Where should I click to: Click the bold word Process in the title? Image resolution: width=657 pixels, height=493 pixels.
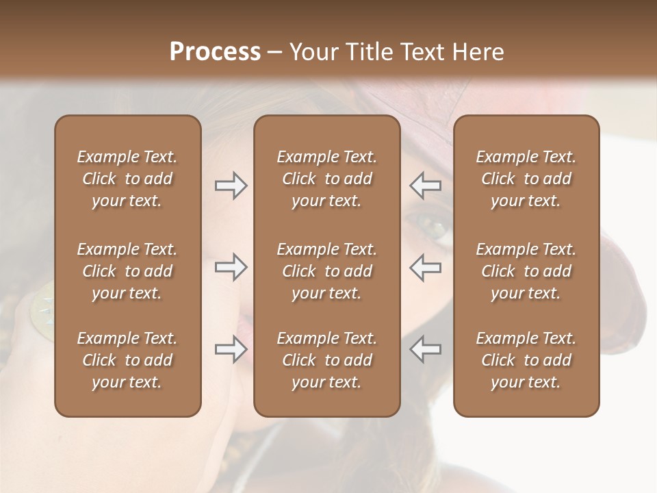[x=215, y=52]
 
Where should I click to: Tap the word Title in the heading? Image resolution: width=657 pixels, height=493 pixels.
[x=370, y=52]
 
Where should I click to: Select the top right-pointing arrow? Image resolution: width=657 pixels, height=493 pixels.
[x=231, y=186]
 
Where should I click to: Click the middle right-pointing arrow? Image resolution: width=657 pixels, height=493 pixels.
[x=231, y=267]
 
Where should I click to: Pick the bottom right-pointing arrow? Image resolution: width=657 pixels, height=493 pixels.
[x=231, y=350]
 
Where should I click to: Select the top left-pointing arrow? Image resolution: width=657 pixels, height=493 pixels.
[x=425, y=186]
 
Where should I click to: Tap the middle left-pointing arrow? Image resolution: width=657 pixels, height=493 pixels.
[x=425, y=267]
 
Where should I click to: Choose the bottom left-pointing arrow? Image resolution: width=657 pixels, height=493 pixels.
[x=425, y=350]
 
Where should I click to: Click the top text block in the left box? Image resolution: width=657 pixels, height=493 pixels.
[x=127, y=179]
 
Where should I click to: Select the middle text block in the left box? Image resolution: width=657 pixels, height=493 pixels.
[x=127, y=271]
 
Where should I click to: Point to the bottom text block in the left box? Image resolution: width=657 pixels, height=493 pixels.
[x=127, y=360]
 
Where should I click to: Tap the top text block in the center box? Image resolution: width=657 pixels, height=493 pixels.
[x=326, y=179]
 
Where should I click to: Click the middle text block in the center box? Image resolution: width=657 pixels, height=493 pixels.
[x=326, y=271]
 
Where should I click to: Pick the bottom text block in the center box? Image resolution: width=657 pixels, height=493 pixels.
[x=326, y=360]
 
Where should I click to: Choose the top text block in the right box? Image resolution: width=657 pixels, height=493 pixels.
[x=526, y=179]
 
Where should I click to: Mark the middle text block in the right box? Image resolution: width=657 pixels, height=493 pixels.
[x=526, y=271]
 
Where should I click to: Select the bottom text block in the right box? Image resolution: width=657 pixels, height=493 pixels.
[x=526, y=360]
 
